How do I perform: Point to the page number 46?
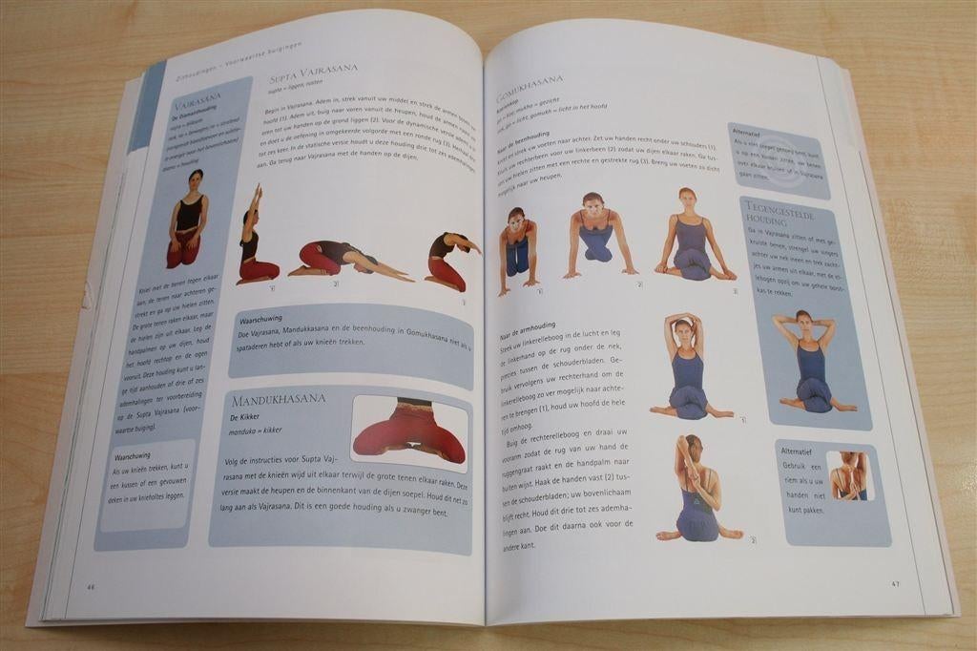click(91, 586)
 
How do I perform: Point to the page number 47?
click(895, 583)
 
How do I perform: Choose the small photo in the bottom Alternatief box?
click(847, 475)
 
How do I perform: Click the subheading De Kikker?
click(245, 418)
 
